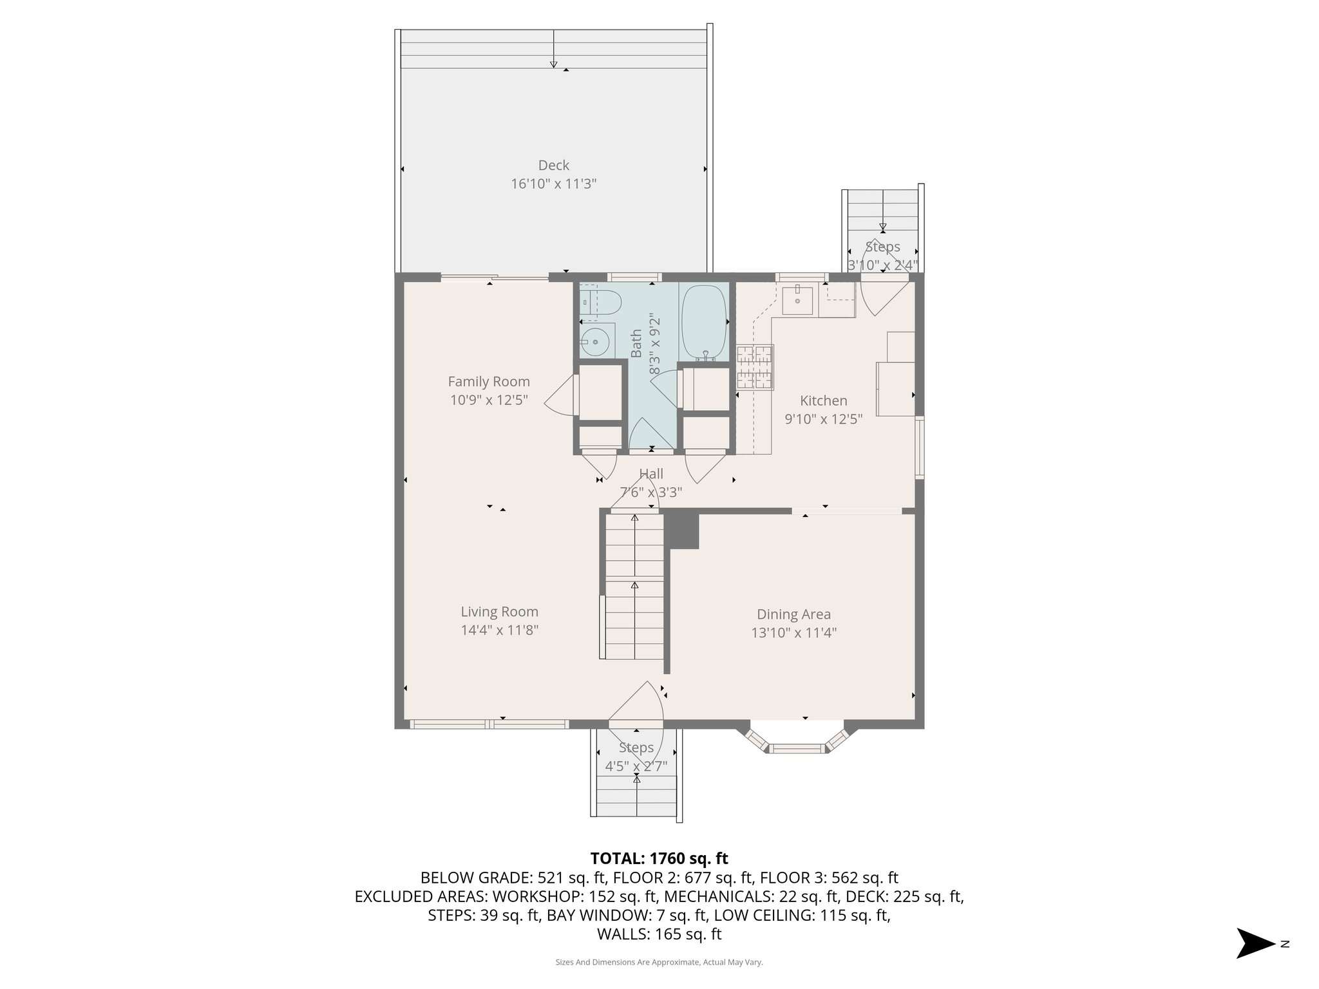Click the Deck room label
click(553, 165)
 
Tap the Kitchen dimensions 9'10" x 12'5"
click(823, 419)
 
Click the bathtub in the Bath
click(704, 322)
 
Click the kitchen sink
click(798, 301)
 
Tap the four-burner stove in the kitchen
click(754, 367)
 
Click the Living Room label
click(499, 612)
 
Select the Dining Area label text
click(793, 614)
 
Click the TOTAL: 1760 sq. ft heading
click(659, 858)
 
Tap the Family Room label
click(489, 382)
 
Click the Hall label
click(651, 475)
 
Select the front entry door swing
click(638, 705)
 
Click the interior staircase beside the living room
click(634, 586)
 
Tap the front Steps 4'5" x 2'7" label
click(636, 757)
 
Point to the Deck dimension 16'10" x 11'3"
click(553, 184)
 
